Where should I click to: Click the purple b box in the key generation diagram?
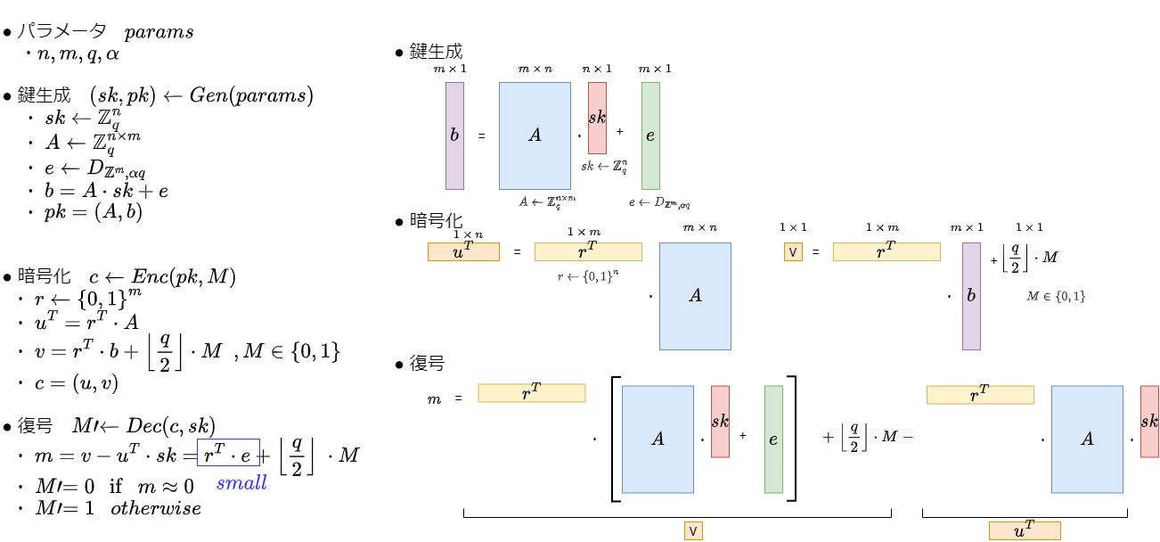tap(454, 135)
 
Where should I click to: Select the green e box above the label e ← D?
tap(650, 135)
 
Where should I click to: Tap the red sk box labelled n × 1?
tap(597, 118)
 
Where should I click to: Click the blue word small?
tap(241, 483)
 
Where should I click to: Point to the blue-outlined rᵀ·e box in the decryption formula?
tap(228, 455)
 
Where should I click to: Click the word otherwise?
tap(156, 508)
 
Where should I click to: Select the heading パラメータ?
tap(61, 32)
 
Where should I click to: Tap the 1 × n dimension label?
tap(468, 234)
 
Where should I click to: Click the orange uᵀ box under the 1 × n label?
tap(463, 251)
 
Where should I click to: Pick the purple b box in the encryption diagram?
tap(971, 296)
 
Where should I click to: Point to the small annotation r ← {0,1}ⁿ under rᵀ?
tap(588, 276)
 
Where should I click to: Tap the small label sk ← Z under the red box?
tap(604, 167)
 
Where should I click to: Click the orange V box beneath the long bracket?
tap(693, 530)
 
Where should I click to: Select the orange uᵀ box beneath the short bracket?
tap(1024, 530)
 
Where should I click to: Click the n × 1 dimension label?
tap(597, 69)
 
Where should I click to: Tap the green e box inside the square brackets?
tap(773, 439)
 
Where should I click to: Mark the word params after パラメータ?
tap(159, 32)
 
